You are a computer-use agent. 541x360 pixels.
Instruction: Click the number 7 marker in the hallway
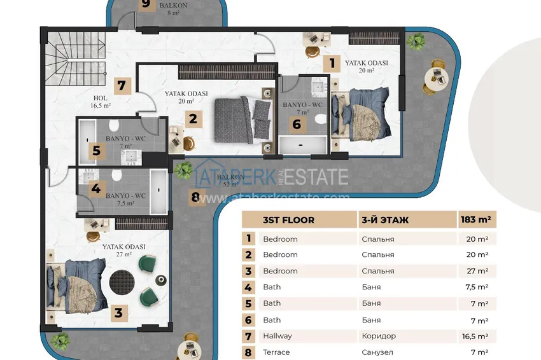coord(123,86)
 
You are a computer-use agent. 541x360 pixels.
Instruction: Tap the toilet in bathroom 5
coord(115,125)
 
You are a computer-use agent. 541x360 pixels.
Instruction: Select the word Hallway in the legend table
coord(278,336)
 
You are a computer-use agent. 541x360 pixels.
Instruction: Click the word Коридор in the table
coord(377,336)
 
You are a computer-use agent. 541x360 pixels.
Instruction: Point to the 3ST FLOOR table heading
coord(288,220)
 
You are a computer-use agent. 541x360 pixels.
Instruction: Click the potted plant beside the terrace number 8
coord(184,169)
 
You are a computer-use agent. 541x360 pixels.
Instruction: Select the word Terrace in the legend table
coord(276,352)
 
